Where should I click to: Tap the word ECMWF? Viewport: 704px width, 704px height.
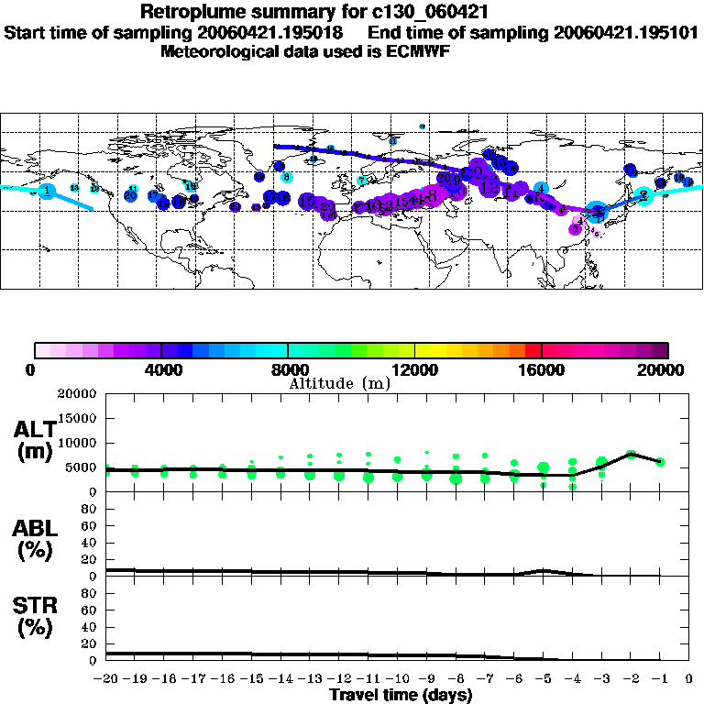pyautogui.click(x=419, y=51)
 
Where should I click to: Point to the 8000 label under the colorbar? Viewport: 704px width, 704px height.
pyautogui.click(x=288, y=369)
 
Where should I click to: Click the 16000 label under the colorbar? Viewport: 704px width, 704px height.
pyautogui.click(x=542, y=369)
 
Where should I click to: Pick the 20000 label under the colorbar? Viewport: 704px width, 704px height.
pyautogui.click(x=667, y=369)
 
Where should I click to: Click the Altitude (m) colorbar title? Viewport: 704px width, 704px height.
pyautogui.click(x=339, y=383)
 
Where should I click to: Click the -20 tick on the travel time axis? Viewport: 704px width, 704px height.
pyautogui.click(x=106, y=679)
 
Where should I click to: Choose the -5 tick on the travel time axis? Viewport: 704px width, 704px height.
pyautogui.click(x=544, y=679)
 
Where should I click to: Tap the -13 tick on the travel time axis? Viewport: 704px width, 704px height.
pyautogui.click(x=311, y=679)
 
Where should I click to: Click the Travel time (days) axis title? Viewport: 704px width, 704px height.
pyautogui.click(x=401, y=696)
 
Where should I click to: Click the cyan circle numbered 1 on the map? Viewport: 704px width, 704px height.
pyautogui.click(x=47, y=190)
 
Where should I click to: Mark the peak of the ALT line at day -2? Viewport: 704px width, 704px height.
pyautogui.click(x=631, y=454)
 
